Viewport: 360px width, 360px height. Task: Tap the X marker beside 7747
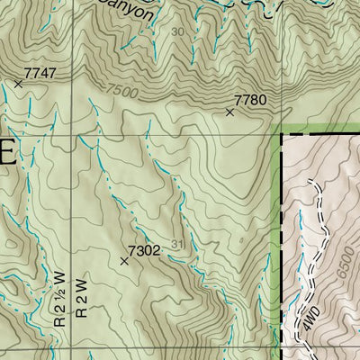[18, 84]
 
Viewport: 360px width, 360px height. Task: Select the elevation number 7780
[250, 100]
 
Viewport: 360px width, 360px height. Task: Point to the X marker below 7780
[229, 112]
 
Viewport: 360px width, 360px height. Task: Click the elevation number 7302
[144, 251]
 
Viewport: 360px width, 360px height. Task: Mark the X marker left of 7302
[124, 261]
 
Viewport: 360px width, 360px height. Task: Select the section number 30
[176, 31]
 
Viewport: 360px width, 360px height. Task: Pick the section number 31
[175, 245]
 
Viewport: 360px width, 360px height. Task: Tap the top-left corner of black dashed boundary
[283, 135]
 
